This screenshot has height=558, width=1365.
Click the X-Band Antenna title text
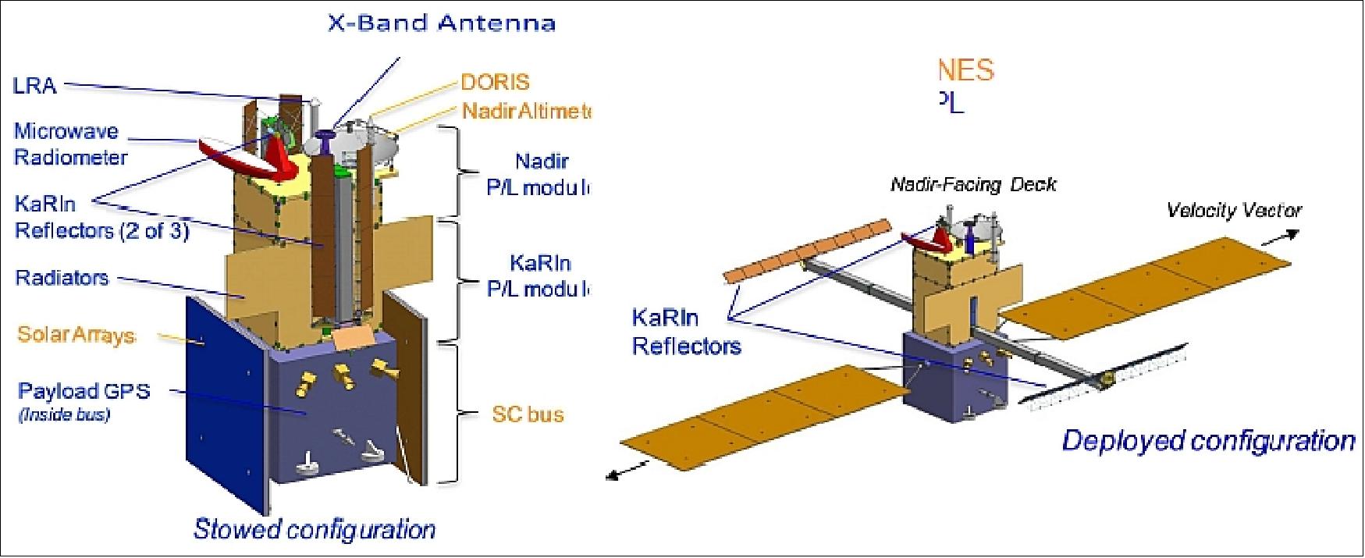pos(441,23)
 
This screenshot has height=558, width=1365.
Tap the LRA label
pos(35,86)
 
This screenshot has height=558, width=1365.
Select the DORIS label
pos(495,82)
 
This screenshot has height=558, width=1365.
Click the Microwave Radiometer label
pos(69,144)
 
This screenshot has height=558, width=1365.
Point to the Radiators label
pos(62,278)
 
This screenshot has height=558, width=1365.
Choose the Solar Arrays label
pos(76,335)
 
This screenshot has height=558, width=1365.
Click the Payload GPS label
pos(84,391)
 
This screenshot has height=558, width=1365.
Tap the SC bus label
pos(528,414)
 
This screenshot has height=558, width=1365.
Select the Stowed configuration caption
pos(314,529)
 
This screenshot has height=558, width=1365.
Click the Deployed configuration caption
pos(1207,441)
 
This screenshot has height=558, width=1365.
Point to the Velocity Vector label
pos(1234,210)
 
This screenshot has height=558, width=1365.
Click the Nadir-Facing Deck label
pos(973,185)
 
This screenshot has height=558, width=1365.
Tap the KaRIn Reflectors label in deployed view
pos(685,332)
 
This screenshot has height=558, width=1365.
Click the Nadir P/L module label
pos(539,174)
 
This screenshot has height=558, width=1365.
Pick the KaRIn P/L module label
pos(539,275)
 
